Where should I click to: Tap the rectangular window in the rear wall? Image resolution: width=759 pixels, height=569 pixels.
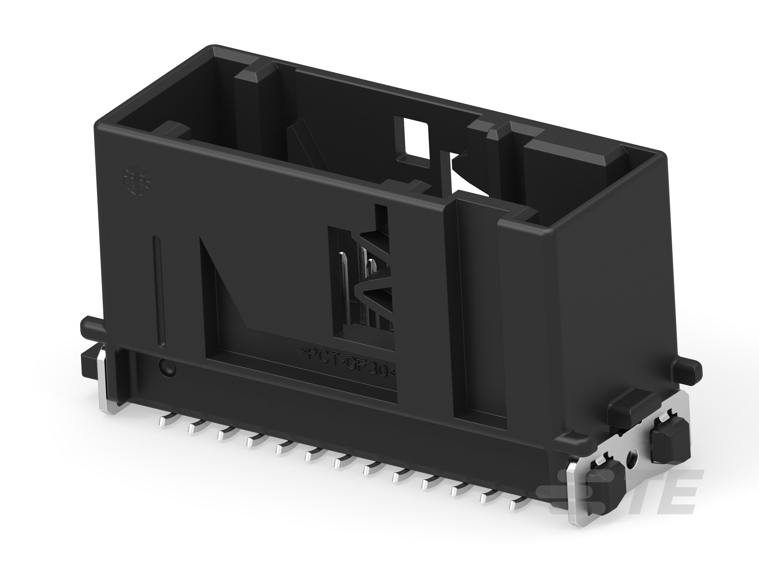point(416,139)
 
